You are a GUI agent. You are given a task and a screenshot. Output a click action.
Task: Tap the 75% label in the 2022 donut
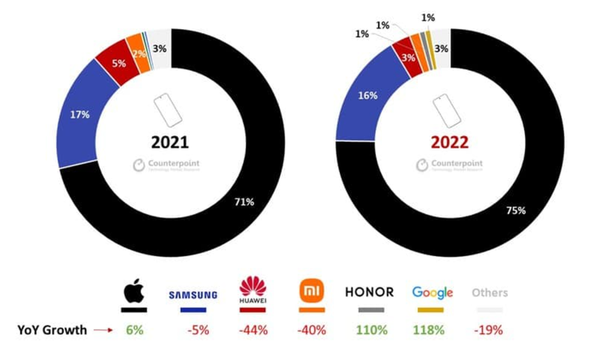coord(517,210)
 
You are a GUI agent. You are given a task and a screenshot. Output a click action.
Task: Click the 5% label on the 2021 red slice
coord(117,64)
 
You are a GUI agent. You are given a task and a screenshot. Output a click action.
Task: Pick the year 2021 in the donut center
coord(171,142)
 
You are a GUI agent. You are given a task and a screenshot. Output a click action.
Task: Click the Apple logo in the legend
coord(134,291)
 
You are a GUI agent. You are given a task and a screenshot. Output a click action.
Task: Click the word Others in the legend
coord(489,293)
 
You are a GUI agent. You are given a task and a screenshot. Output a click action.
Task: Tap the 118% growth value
coord(430,330)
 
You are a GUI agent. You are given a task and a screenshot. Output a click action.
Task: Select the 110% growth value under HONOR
coord(371,330)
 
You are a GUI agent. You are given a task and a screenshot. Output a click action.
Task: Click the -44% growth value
coord(252,330)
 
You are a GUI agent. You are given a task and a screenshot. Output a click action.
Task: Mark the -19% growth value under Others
coord(489,330)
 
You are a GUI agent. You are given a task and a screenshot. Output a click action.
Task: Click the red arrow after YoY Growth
coord(103,330)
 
